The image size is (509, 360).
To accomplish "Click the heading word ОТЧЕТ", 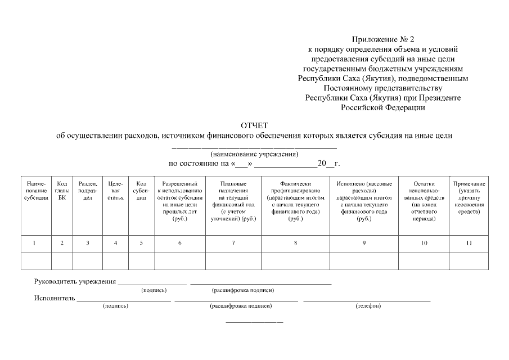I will coord(254,125).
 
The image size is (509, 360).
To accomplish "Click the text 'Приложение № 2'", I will coord(382,39).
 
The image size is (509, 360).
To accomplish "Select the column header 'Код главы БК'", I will coord(62,191).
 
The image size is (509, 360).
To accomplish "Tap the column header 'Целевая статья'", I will coord(115,191).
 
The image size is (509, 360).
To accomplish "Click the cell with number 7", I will coord(233,243).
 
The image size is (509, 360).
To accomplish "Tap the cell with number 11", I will coord(469,243).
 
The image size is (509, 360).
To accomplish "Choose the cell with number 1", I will coord(34,243).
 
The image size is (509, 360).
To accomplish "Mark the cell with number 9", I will coord(364,243).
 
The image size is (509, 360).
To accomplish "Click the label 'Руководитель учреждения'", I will coord(75,282).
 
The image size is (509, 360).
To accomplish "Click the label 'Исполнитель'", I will coord(54,298).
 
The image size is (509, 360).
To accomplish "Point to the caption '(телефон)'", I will coord(368,306).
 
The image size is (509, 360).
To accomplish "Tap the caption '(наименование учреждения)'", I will coord(254,154).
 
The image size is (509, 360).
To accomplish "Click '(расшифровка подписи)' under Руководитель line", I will coord(242,290).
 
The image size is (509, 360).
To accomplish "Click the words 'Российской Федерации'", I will coord(382,107).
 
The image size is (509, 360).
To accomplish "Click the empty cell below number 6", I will coord(180,262).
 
